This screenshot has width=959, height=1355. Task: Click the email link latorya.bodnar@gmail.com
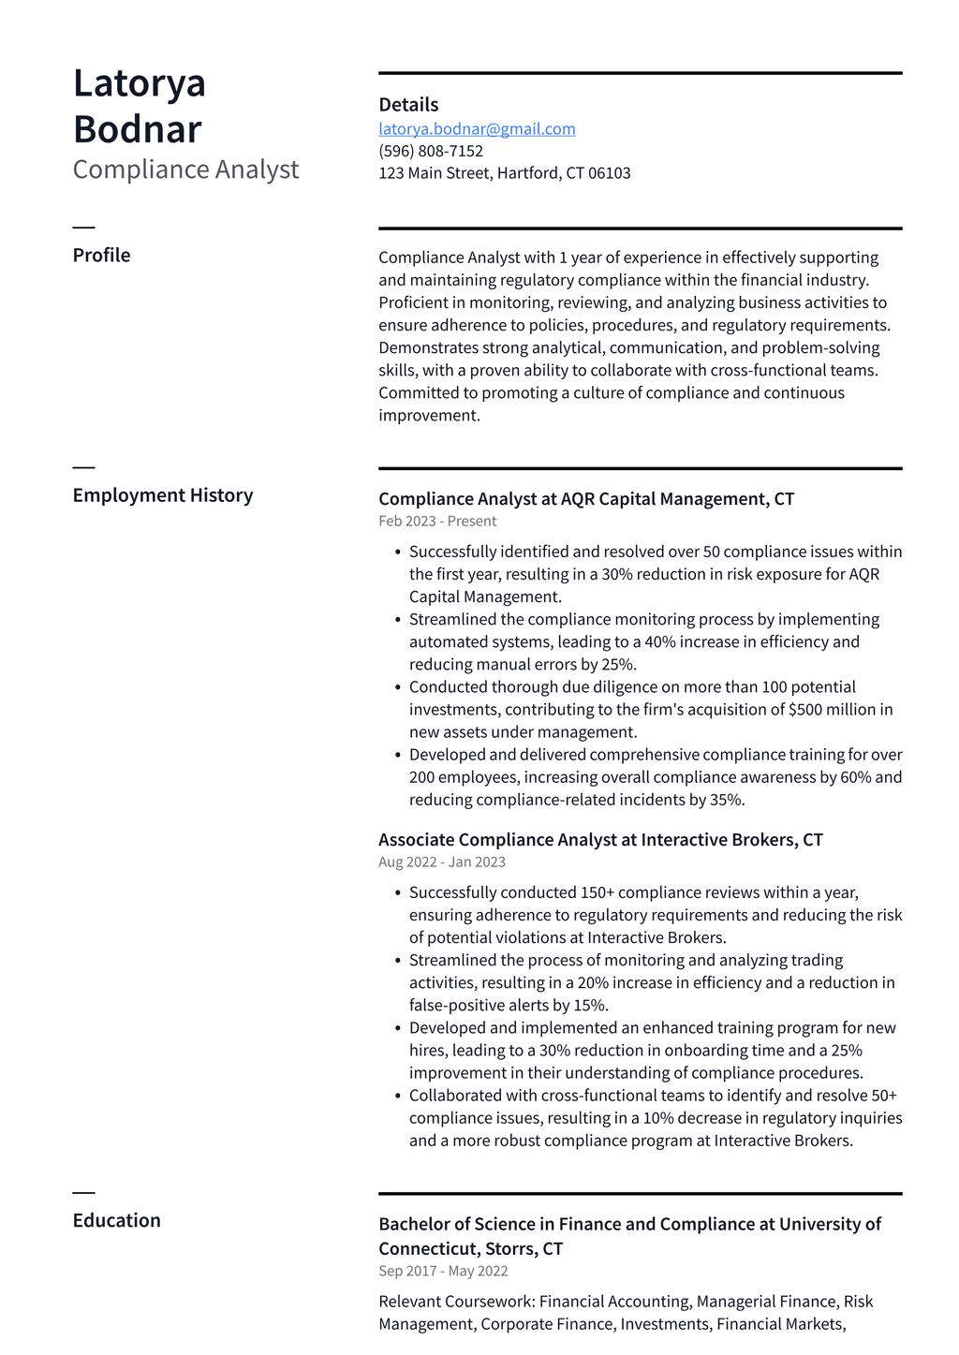click(477, 129)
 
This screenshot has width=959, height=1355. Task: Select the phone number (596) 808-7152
click(431, 152)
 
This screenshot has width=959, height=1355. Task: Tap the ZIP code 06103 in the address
click(610, 173)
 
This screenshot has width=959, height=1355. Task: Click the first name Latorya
click(140, 83)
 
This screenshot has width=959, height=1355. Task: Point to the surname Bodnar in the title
click(137, 129)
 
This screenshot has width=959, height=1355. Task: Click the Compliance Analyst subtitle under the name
click(185, 169)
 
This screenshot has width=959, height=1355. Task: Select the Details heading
click(408, 105)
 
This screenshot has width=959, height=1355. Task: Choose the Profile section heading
click(101, 256)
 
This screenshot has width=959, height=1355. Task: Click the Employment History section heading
click(163, 495)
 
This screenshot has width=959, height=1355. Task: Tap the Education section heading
click(116, 1220)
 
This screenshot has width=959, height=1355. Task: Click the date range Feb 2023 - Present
click(437, 522)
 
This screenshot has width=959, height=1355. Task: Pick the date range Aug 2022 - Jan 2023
click(442, 862)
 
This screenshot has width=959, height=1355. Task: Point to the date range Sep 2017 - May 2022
click(443, 1272)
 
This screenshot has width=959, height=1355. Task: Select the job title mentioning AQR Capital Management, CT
click(586, 499)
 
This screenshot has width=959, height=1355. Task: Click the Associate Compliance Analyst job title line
click(600, 840)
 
